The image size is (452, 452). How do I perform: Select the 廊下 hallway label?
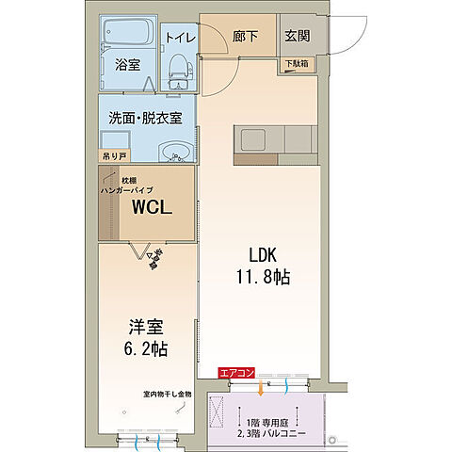[245, 37]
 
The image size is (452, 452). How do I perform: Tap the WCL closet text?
[152, 209]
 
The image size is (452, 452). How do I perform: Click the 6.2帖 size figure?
[146, 349]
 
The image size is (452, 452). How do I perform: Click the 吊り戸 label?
[114, 153]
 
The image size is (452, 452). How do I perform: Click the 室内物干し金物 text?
[167, 394]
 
